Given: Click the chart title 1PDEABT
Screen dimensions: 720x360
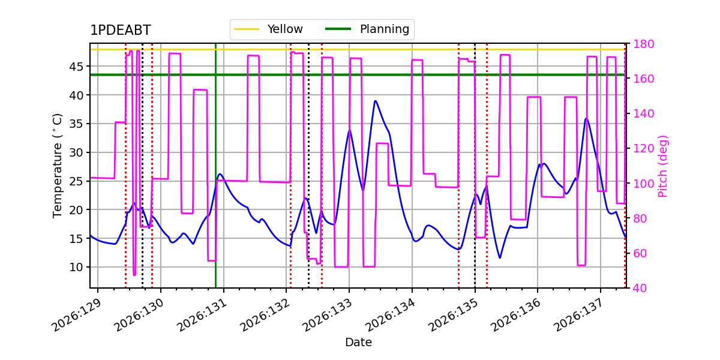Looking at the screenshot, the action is (121, 30).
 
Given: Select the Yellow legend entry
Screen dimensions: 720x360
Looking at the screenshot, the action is (268, 29).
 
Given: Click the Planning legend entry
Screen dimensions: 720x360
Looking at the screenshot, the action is (367, 29).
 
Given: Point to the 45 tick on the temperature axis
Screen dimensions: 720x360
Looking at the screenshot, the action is (76, 67).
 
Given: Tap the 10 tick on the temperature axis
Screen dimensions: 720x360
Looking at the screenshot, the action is (76, 267).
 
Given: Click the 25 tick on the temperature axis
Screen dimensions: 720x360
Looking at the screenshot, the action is (76, 181).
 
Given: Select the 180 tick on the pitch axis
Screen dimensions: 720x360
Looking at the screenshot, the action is (643, 44).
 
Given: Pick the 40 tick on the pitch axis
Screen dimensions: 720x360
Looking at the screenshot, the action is (640, 288).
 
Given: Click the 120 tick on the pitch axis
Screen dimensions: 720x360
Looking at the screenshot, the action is (643, 149).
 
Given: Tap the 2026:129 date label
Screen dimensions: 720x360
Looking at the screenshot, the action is (77, 315).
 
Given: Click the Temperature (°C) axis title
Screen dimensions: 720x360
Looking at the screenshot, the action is (57, 166).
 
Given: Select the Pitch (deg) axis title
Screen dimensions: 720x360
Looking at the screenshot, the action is (663, 166).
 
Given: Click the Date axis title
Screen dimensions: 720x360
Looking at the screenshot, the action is (358, 343).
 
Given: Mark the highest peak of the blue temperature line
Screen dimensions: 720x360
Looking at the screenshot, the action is (375, 101).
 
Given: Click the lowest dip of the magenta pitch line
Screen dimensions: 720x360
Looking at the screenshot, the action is (134, 275).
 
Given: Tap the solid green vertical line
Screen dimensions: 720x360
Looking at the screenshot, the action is (215, 166).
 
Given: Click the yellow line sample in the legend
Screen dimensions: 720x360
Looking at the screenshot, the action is (247, 29).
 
